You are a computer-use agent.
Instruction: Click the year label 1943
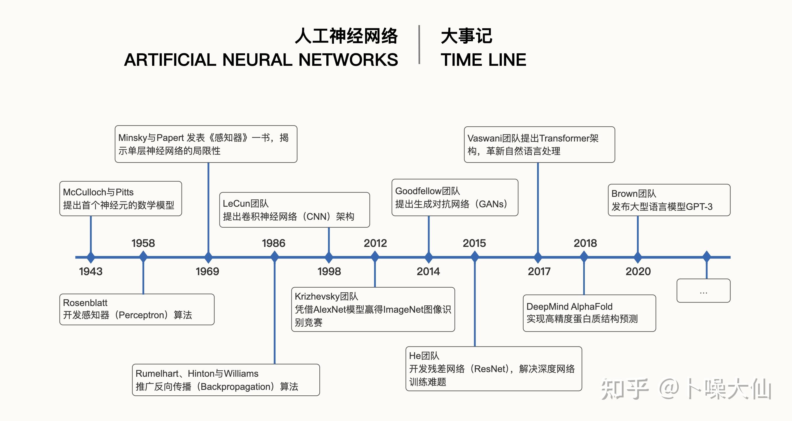point(91,271)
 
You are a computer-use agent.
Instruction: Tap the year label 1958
point(143,243)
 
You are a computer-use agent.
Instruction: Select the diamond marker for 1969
point(208,257)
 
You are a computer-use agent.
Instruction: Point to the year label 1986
point(274,243)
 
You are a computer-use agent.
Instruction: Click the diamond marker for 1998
point(329,257)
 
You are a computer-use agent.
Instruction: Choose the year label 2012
point(375,243)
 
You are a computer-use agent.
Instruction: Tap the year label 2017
point(539,271)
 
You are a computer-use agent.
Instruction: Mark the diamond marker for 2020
point(638,257)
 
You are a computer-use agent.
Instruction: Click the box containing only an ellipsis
point(703,291)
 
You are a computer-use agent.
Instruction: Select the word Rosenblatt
point(85,303)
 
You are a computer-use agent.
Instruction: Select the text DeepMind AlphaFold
point(569,306)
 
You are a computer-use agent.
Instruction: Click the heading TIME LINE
point(483,60)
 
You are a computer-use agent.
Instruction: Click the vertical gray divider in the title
point(419,45)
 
